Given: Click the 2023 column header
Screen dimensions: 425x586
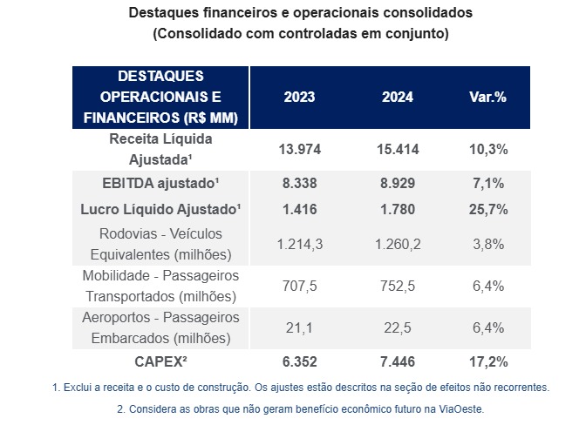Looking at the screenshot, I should coord(299,97).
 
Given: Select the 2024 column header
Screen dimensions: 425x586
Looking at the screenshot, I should coord(398,97).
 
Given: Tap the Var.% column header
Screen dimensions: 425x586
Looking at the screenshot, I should coord(487,97).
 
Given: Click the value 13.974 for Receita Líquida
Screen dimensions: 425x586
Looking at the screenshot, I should coord(299,149).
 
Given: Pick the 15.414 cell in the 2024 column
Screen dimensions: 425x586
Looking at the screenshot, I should coord(398,149).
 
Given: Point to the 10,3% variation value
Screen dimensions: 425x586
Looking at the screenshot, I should coord(487,149).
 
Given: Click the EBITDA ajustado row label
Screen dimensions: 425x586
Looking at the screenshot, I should coord(160,184).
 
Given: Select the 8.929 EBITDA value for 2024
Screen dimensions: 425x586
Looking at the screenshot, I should coord(398,184).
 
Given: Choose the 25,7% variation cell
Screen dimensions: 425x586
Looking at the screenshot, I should coord(487,209).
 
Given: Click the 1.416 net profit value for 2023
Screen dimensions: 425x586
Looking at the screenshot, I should coord(299,209).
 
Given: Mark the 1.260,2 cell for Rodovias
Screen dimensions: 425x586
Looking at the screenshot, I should coord(398,244).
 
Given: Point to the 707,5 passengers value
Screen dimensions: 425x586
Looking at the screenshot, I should coord(299,286).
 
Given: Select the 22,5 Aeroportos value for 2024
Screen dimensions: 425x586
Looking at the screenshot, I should coord(398,327).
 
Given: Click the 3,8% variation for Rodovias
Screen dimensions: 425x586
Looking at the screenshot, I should coord(487,244).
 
